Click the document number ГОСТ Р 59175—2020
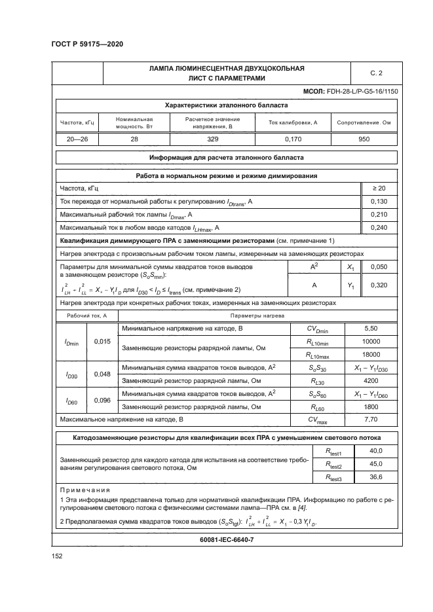pyautogui.click(x=86, y=45)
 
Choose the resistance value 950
pyautogui.click(x=364, y=139)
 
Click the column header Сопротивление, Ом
pyautogui.click(x=364, y=122)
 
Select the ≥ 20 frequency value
pyautogui.click(x=379, y=189)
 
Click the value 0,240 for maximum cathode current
pyautogui.click(x=379, y=227)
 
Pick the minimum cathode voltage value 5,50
pyautogui.click(x=370, y=328)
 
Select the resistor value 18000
pyautogui.click(x=370, y=354)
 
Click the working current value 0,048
pyautogui.click(x=102, y=374)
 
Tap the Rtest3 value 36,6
pyautogui.click(x=375, y=478)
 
